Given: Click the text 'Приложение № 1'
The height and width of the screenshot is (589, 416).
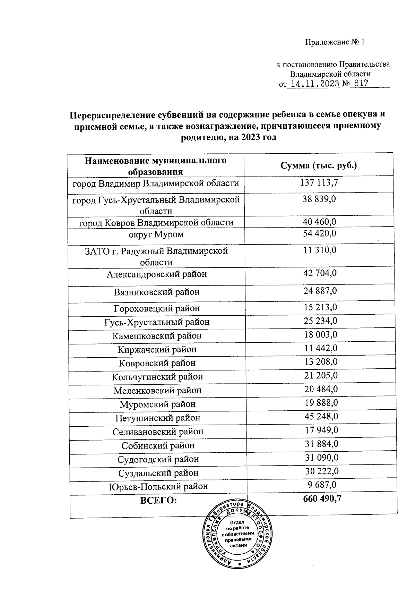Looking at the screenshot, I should point(335,42).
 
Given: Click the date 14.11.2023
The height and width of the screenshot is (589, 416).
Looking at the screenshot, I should point(315,84).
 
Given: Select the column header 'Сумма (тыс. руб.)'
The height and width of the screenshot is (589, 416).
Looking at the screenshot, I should point(319,165).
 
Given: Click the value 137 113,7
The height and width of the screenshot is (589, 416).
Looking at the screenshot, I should point(319,182).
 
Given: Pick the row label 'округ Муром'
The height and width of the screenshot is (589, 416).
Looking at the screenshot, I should point(156,234).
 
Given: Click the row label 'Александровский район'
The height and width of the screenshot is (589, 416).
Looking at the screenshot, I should point(157,274).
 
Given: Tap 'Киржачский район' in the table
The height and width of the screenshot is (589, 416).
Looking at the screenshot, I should point(157,349).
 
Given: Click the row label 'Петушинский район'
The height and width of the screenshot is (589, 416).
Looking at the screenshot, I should point(158,418).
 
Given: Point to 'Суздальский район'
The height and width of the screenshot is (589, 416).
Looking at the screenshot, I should point(158,473).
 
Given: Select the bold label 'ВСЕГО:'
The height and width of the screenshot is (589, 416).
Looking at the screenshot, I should point(158,500).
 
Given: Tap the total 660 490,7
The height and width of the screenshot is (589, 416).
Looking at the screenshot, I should point(322,499).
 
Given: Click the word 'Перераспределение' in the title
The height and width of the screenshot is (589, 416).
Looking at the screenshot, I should point(111,114).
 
